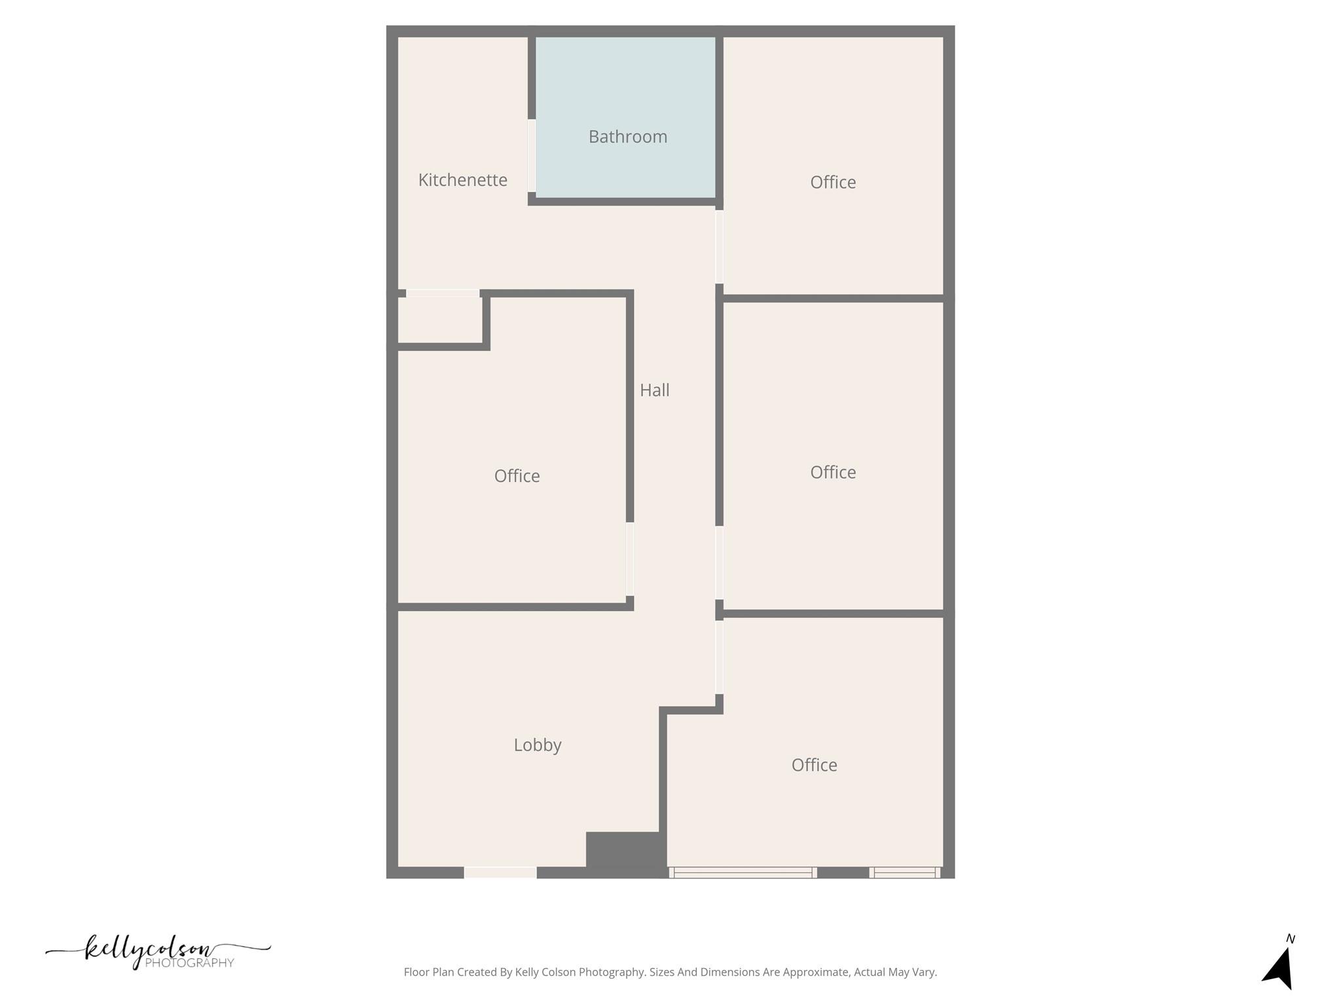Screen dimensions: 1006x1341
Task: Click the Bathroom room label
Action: [x=627, y=137]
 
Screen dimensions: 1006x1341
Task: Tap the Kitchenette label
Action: [x=462, y=180]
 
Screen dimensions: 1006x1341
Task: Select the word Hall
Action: [x=654, y=390]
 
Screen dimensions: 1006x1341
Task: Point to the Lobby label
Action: [x=537, y=745]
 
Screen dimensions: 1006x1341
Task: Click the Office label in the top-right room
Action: [x=832, y=182]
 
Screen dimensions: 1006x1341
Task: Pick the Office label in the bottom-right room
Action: [x=814, y=765]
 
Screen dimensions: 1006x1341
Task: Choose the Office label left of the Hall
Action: [x=517, y=476]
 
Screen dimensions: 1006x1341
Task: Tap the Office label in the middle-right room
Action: [x=832, y=472]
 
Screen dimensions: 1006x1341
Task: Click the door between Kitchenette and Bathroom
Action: [x=532, y=156]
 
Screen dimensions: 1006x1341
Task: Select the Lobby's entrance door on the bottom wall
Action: [x=500, y=872]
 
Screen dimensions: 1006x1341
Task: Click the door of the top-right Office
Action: [x=719, y=247]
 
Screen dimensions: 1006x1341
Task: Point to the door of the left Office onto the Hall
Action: [x=630, y=559]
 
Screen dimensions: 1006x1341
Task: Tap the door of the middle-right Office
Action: [x=719, y=563]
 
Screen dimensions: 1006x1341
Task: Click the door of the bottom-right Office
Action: [x=719, y=657]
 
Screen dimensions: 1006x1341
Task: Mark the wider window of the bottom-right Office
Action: [x=743, y=872]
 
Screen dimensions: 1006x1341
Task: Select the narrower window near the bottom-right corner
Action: [x=905, y=872]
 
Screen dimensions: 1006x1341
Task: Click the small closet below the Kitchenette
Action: [x=440, y=320]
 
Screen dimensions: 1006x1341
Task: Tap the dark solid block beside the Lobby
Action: [x=625, y=853]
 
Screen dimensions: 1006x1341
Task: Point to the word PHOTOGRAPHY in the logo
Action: [x=189, y=963]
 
